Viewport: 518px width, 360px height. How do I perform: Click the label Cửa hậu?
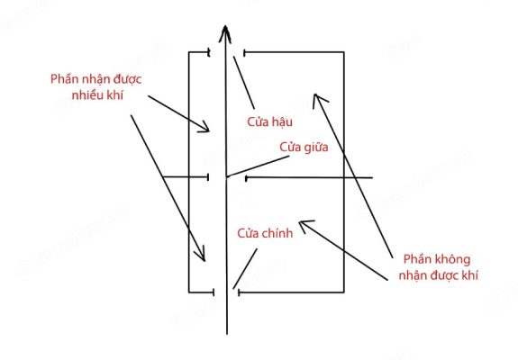click(269, 122)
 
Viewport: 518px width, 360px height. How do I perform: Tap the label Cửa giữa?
click(304, 148)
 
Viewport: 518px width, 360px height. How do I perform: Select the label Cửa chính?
click(265, 233)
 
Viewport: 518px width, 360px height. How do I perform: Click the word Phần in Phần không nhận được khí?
click(415, 259)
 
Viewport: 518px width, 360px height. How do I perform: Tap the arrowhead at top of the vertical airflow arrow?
click(225, 33)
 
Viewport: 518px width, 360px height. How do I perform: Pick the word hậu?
click(282, 122)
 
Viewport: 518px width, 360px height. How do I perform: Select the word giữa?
click(316, 148)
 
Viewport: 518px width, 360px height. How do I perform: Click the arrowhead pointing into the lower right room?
click(305, 225)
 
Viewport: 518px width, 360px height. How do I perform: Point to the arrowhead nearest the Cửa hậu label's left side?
click(204, 128)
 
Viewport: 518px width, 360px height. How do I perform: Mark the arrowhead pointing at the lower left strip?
click(201, 255)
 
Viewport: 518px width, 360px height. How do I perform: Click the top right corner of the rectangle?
click(344, 52)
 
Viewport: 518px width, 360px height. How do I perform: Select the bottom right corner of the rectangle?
click(344, 292)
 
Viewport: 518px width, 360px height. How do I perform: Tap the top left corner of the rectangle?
click(189, 52)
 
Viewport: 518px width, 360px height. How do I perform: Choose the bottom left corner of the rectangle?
click(189, 292)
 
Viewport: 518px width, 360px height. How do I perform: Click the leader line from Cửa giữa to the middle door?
click(258, 166)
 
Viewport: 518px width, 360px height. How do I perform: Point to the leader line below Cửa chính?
click(245, 269)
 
